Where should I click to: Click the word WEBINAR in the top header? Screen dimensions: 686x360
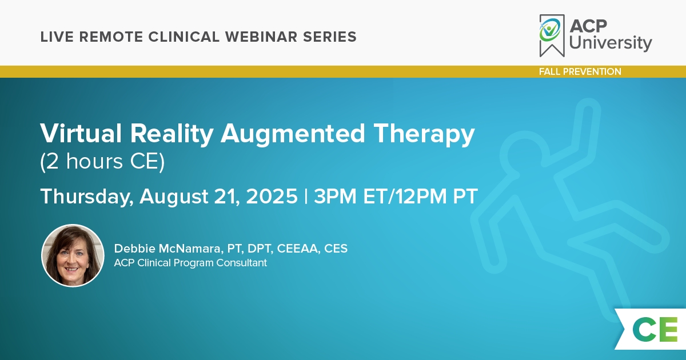pyautogui.click(x=261, y=37)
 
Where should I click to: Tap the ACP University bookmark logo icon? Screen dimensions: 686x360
pyautogui.click(x=552, y=35)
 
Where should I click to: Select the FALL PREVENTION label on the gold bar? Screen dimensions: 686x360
pyautogui.click(x=580, y=71)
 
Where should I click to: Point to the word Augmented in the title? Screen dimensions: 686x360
pyautogui.click(x=293, y=135)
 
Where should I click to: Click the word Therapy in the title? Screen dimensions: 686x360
pyautogui.click(x=424, y=135)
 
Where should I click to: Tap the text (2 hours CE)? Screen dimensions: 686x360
pyautogui.click(x=102, y=161)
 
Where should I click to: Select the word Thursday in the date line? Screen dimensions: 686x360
pyautogui.click(x=87, y=197)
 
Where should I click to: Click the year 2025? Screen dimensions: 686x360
pyautogui.click(x=272, y=196)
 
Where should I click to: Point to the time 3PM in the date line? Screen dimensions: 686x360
pyautogui.click(x=335, y=196)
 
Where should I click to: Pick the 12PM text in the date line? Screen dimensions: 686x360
pyautogui.click(x=421, y=196)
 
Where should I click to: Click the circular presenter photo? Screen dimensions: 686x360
pyautogui.click(x=73, y=255)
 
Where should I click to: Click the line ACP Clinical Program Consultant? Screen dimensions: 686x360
pyautogui.click(x=190, y=263)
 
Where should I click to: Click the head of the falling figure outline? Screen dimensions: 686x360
pyautogui.click(x=525, y=155)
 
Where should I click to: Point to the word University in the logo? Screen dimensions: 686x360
pyautogui.click(x=611, y=43)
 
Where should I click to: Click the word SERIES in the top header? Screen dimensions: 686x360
pyautogui.click(x=329, y=37)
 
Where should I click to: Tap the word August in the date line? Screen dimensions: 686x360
pyautogui.click(x=174, y=197)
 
